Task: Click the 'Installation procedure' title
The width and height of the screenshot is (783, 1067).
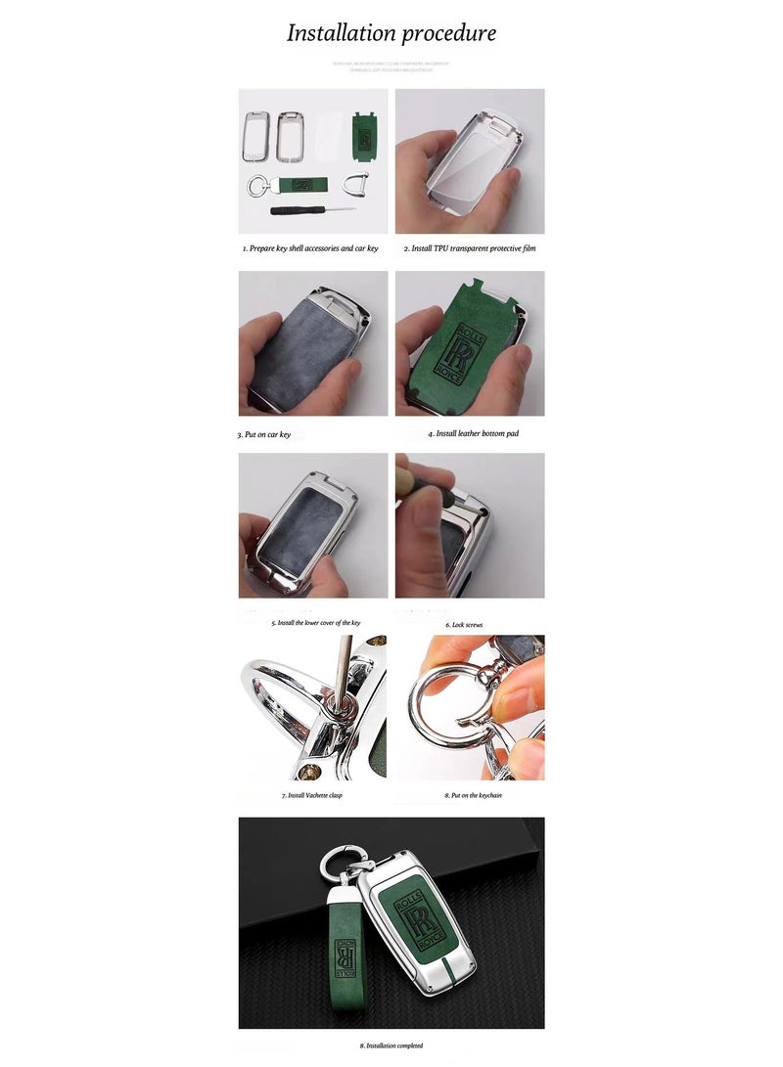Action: coord(391,33)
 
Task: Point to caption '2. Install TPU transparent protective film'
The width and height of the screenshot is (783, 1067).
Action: coord(470,248)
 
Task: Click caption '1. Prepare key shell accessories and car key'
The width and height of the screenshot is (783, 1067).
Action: coord(310,248)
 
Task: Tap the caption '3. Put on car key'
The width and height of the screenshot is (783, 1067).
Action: coord(264,434)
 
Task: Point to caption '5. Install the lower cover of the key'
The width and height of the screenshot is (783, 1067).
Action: coord(316,622)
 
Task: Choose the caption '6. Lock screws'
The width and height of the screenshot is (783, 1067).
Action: coord(464,624)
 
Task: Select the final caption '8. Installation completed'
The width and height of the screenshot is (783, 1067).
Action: coord(391,1045)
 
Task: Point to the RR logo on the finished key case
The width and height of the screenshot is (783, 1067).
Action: coord(413,918)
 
